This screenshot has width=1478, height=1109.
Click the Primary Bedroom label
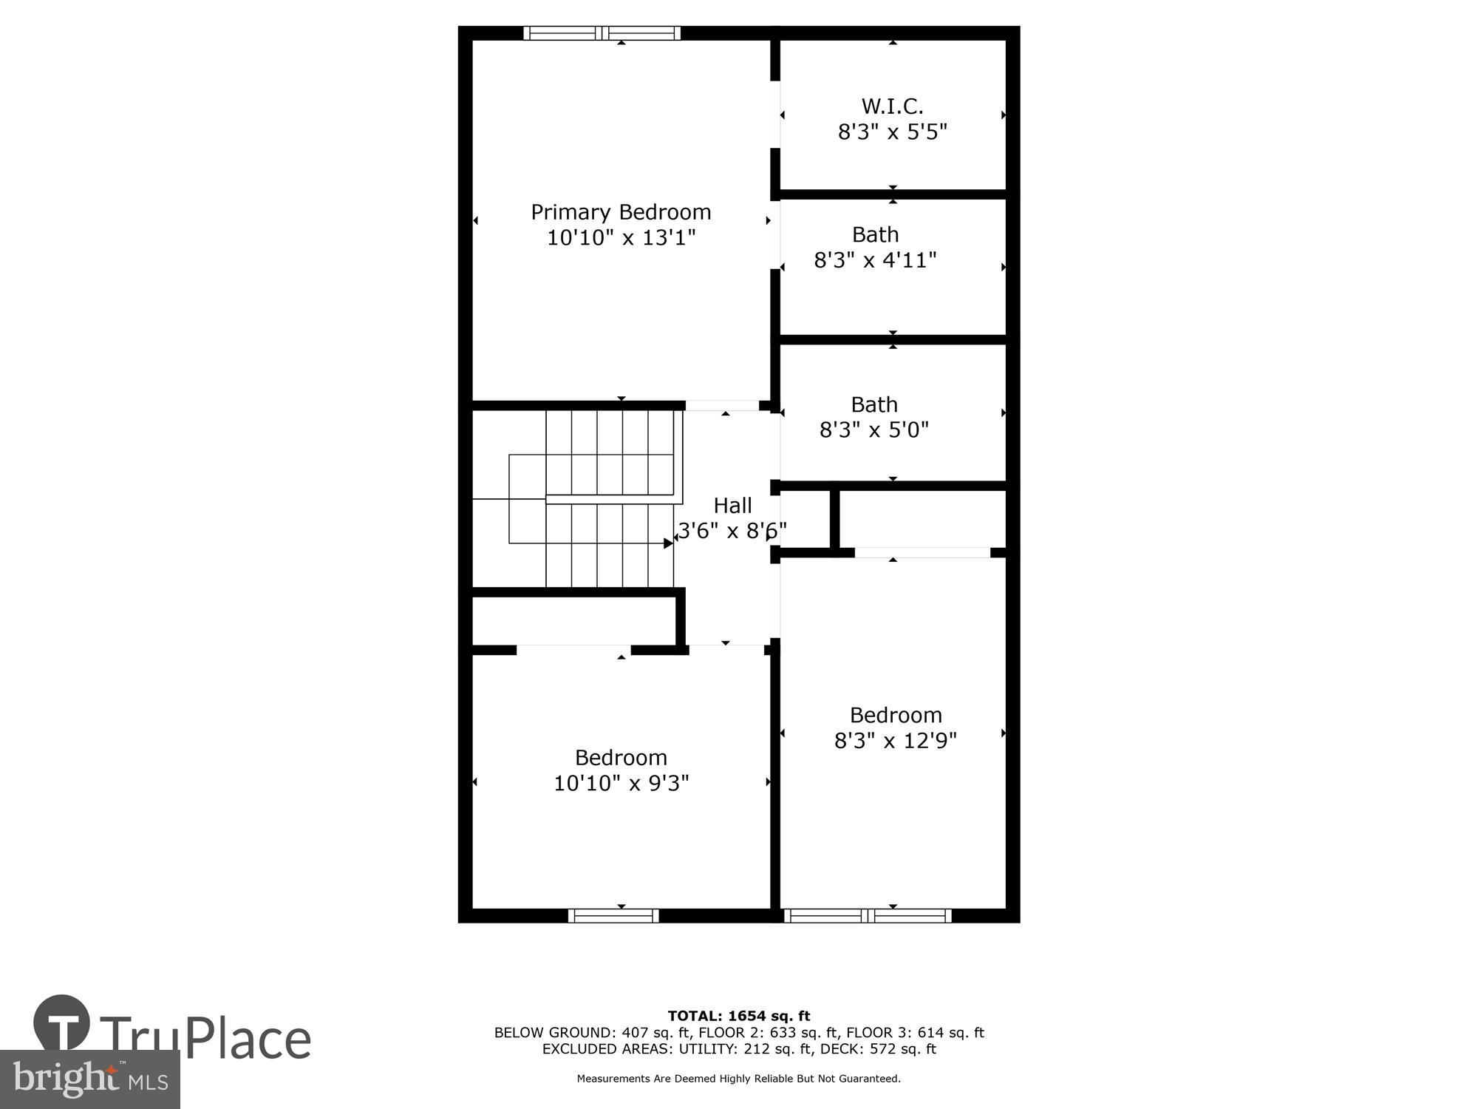click(621, 212)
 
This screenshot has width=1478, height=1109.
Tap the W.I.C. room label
click(892, 106)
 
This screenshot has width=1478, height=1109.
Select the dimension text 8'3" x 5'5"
click(892, 132)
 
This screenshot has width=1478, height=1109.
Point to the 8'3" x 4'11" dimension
click(875, 260)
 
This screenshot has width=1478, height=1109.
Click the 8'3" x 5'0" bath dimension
click(873, 430)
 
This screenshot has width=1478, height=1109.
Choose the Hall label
click(732, 506)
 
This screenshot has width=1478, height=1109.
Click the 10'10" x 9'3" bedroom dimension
click(621, 783)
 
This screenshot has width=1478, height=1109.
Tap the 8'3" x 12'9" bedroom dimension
click(895, 740)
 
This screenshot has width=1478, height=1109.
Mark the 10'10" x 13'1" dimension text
click(621, 238)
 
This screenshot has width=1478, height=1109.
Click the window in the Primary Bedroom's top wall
click(602, 33)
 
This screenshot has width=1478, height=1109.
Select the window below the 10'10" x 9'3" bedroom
click(613, 916)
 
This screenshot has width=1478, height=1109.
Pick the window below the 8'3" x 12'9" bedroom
click(868, 916)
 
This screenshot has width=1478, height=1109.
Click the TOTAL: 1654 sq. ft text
click(739, 1016)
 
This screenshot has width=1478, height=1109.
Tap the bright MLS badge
click(89, 1079)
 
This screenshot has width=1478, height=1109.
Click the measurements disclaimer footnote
click(739, 1079)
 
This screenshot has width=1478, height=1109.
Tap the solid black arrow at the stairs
click(668, 543)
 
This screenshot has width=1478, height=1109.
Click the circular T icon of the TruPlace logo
click(62, 1024)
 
